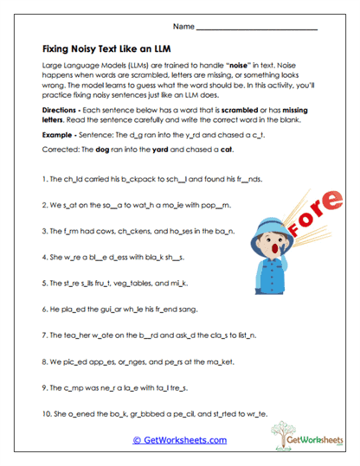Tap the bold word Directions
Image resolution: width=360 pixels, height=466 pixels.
(x=61, y=112)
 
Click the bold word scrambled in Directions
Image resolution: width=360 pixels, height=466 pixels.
(x=247, y=112)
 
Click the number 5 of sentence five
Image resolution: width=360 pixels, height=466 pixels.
(x=44, y=283)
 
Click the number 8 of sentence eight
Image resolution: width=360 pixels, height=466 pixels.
(x=44, y=358)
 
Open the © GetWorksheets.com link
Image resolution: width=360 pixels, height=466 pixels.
(x=179, y=439)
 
